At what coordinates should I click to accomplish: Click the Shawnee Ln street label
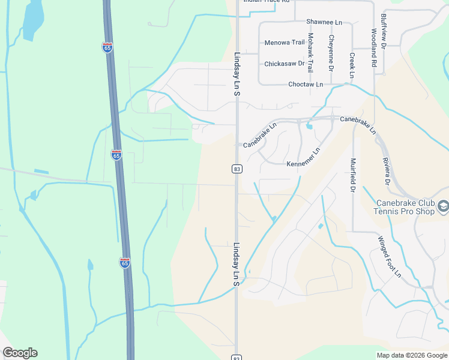(x=324, y=22)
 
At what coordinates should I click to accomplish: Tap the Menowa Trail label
(x=285, y=43)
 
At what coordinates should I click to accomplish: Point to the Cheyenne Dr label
(x=331, y=52)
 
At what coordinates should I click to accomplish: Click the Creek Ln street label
(x=351, y=65)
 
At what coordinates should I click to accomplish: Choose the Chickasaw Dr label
(x=285, y=64)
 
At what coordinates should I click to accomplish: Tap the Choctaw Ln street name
(x=305, y=85)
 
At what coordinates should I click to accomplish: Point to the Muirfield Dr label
(x=353, y=176)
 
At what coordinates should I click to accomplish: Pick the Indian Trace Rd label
(x=267, y=1)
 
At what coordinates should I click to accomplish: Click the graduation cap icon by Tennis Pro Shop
(x=443, y=207)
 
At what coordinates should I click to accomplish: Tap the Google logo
(x=20, y=353)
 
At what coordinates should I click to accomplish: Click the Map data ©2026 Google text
(x=411, y=355)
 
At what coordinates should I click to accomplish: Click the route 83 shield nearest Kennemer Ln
(x=238, y=169)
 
